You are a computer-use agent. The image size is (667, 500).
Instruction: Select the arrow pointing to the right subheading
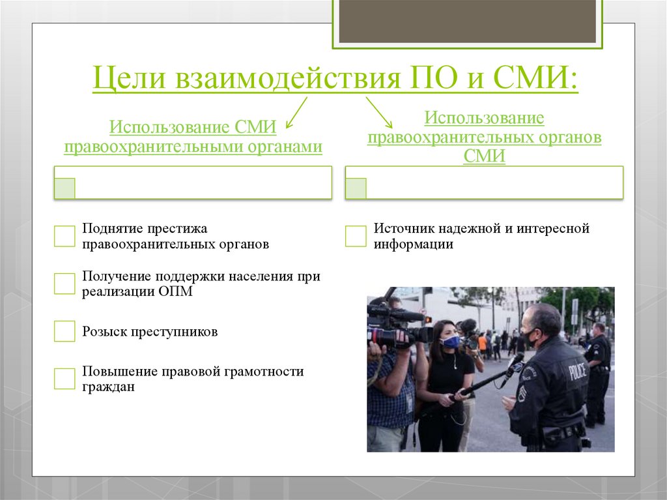(x=378, y=112)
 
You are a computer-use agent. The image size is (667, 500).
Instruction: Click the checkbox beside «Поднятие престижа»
(x=64, y=236)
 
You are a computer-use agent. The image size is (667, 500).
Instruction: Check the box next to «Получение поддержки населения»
(x=64, y=284)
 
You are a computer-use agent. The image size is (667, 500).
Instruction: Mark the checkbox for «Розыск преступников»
(x=64, y=331)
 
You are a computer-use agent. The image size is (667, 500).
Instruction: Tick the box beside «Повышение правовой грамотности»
(x=64, y=379)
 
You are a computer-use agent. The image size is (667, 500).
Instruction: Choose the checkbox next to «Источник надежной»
(x=356, y=236)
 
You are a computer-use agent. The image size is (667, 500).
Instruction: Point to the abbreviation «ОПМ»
(x=176, y=291)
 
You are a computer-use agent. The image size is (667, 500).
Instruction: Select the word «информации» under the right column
(x=413, y=244)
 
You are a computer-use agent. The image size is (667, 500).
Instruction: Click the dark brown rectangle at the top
(x=467, y=21)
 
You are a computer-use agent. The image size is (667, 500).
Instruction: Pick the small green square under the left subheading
(x=64, y=188)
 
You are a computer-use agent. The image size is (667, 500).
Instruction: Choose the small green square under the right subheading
(x=356, y=188)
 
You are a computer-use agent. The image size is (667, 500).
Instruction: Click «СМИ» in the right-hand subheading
(x=484, y=156)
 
